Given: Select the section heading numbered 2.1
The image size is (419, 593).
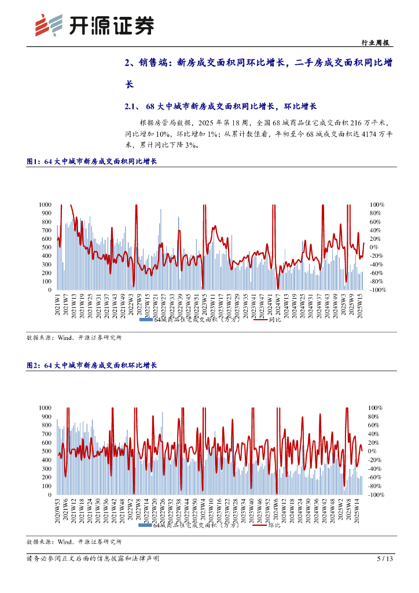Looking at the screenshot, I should tap(220, 107).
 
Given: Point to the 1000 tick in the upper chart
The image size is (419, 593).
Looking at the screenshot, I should tap(45, 204).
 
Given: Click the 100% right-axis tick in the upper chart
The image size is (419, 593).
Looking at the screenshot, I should tap(377, 204).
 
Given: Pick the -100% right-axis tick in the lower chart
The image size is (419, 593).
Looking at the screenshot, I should tap(376, 495).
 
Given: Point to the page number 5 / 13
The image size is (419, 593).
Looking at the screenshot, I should tap(385, 558).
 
